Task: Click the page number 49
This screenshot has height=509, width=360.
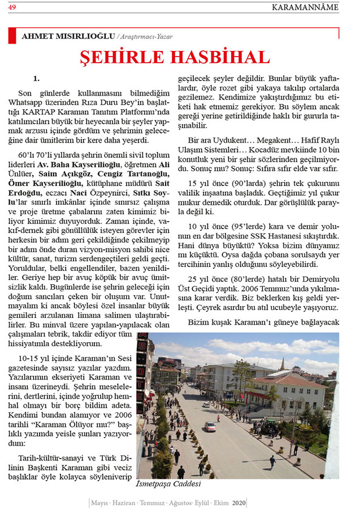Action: [x=12, y=7]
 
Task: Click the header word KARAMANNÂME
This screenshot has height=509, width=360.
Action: [x=305, y=7]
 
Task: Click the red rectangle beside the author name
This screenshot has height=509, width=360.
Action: [x=12, y=35]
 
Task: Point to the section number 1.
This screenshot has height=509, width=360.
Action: [x=36, y=79]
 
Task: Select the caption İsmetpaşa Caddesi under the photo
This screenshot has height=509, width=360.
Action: [x=168, y=485]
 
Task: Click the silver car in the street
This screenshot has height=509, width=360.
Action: [x=210, y=426]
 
